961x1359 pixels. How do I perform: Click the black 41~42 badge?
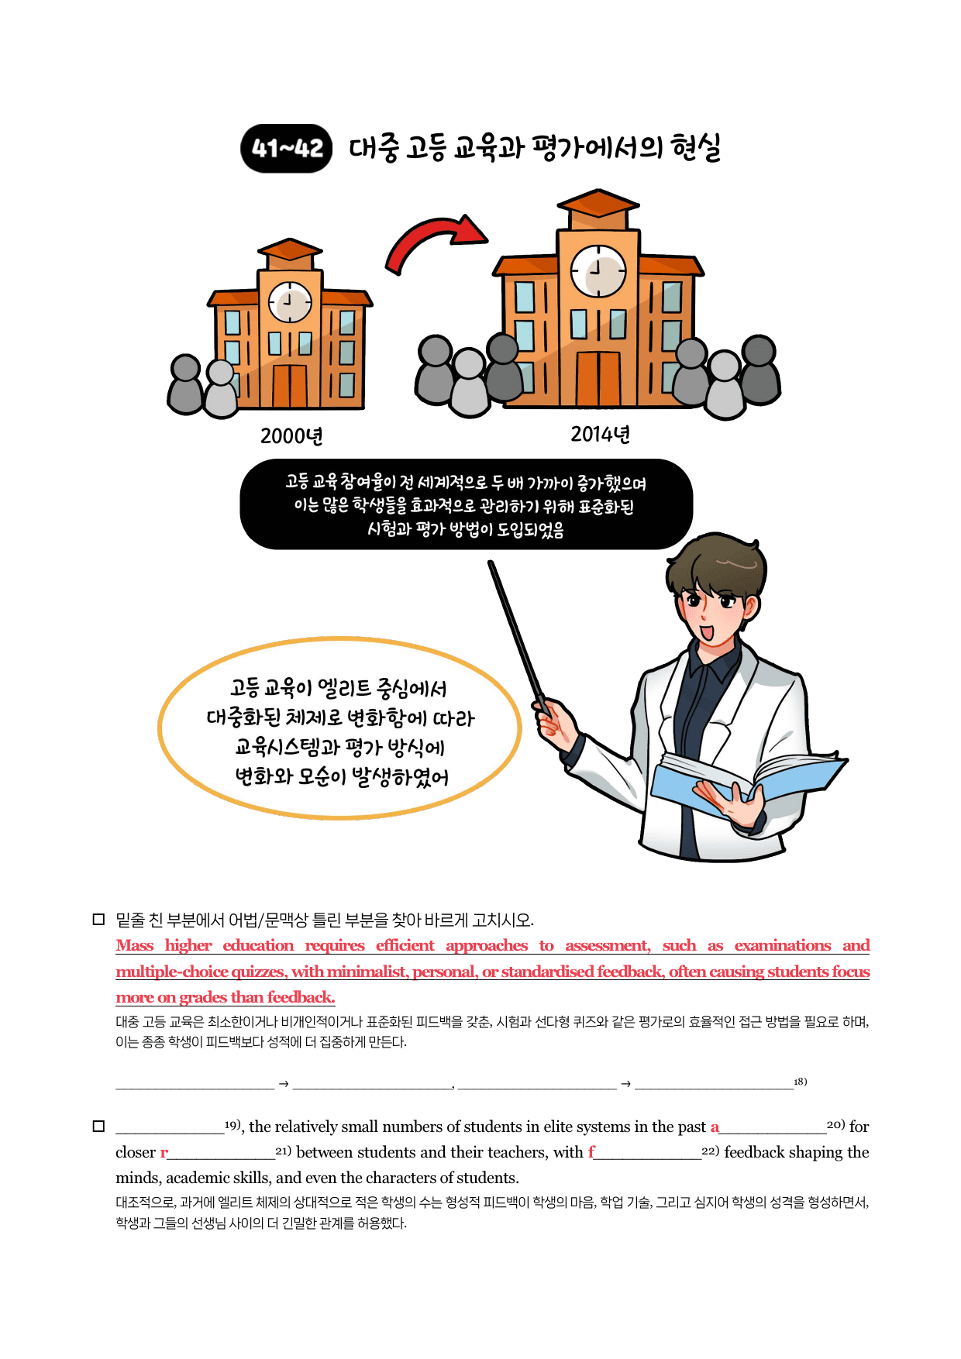(x=287, y=148)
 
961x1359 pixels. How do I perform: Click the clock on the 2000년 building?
(x=290, y=301)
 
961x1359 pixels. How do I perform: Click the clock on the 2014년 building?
(x=598, y=271)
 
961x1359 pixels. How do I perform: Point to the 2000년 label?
(x=291, y=436)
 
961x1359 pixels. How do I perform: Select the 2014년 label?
(x=601, y=434)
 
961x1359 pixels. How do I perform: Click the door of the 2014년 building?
(x=598, y=379)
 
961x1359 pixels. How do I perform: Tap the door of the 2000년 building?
(x=289, y=385)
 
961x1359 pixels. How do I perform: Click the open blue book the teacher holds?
(x=744, y=783)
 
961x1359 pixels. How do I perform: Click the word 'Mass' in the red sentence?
(x=135, y=945)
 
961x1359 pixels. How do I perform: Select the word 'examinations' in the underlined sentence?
(x=783, y=945)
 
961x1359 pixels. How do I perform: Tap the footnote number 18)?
(x=801, y=1082)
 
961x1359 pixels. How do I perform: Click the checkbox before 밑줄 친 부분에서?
(x=98, y=920)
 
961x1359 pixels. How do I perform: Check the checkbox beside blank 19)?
(x=98, y=1126)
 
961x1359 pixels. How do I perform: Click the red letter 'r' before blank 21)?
(x=164, y=1153)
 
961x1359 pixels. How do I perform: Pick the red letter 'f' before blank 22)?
(x=591, y=1151)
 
